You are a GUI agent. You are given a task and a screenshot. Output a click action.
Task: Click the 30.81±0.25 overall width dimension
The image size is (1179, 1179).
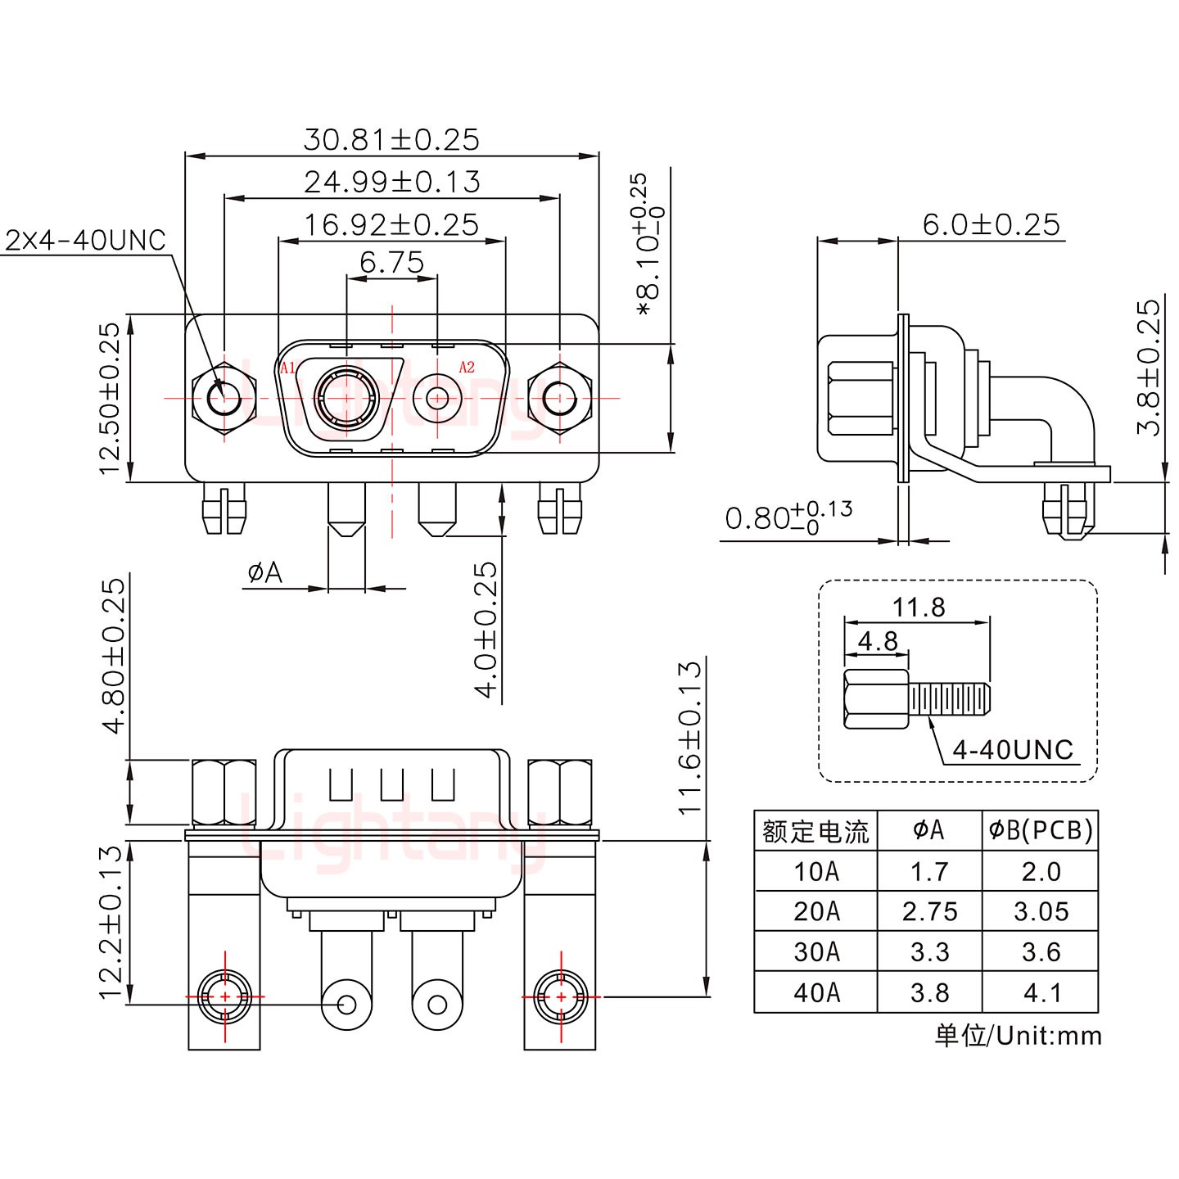pyautogui.click(x=391, y=140)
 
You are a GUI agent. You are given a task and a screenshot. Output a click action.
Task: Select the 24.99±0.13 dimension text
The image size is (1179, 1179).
pyautogui.click(x=391, y=182)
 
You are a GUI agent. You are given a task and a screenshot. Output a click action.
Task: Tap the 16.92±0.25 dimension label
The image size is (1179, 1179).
pyautogui.click(x=391, y=224)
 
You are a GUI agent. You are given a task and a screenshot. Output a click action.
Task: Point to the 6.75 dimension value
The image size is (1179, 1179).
pyautogui.click(x=391, y=263)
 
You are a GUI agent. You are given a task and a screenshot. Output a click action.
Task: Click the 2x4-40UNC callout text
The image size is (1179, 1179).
pyautogui.click(x=86, y=241)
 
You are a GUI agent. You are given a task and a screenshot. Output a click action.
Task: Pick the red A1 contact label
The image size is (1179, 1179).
pyautogui.click(x=287, y=368)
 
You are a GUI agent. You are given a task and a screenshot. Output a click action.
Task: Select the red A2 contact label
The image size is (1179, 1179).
pyautogui.click(x=467, y=368)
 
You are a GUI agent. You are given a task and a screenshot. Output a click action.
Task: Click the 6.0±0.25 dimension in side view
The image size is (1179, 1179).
pyautogui.click(x=991, y=224)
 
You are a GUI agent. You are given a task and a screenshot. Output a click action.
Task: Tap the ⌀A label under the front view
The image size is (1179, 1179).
pyautogui.click(x=264, y=573)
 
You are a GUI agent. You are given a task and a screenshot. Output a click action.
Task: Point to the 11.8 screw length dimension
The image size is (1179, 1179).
pyautogui.click(x=918, y=608)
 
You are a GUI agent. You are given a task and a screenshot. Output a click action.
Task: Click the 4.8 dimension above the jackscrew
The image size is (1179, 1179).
pyautogui.click(x=878, y=641)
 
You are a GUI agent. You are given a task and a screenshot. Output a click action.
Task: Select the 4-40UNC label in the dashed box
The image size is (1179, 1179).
pyautogui.click(x=1013, y=750)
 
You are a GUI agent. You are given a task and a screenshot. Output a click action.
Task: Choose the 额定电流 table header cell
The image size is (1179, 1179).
pyautogui.click(x=815, y=831)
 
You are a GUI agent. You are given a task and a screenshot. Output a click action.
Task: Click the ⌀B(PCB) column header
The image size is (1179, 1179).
pyautogui.click(x=1040, y=831)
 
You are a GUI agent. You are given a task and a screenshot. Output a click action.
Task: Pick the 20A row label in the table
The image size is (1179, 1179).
pyautogui.click(x=815, y=911)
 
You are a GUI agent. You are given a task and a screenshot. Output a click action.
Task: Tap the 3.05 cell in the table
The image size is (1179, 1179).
pyautogui.click(x=1041, y=911)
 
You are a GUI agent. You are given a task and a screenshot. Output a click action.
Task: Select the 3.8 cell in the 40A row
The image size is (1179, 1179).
pyautogui.click(x=929, y=993)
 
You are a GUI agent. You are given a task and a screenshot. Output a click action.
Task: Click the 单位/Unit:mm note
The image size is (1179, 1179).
pyautogui.click(x=1018, y=1036)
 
